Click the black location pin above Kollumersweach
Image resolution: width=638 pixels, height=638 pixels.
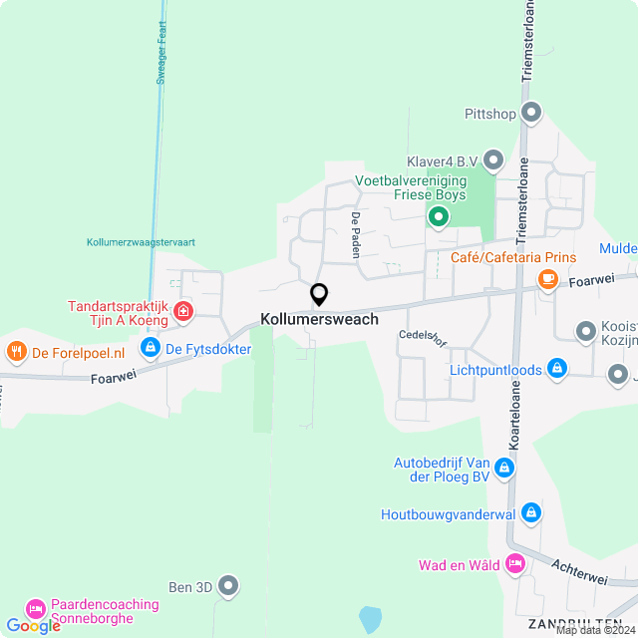point(319,295)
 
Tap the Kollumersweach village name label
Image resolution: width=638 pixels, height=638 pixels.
point(319,319)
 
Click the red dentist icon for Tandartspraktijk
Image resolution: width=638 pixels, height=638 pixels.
point(183,312)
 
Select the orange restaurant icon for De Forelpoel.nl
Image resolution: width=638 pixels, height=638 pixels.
point(16,351)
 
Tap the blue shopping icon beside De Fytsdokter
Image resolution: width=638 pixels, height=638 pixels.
point(150,348)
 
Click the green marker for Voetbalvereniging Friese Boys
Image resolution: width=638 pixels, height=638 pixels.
point(437,215)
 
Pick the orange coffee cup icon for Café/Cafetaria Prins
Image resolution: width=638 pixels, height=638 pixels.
point(547,280)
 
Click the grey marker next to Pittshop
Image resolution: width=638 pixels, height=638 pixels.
point(531,113)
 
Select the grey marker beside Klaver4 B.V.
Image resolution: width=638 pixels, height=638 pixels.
point(492,159)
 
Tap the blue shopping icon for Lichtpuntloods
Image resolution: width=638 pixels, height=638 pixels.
point(557,370)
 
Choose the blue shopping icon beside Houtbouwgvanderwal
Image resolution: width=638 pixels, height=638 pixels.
point(531,513)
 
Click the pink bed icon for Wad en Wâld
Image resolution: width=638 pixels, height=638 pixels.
point(515,564)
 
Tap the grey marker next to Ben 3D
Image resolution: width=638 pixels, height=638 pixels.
point(228,586)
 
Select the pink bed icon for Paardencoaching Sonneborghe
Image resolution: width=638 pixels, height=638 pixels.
point(36,607)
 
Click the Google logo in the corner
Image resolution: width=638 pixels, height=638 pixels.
point(33,625)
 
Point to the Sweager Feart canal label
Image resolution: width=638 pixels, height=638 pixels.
point(159,56)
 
